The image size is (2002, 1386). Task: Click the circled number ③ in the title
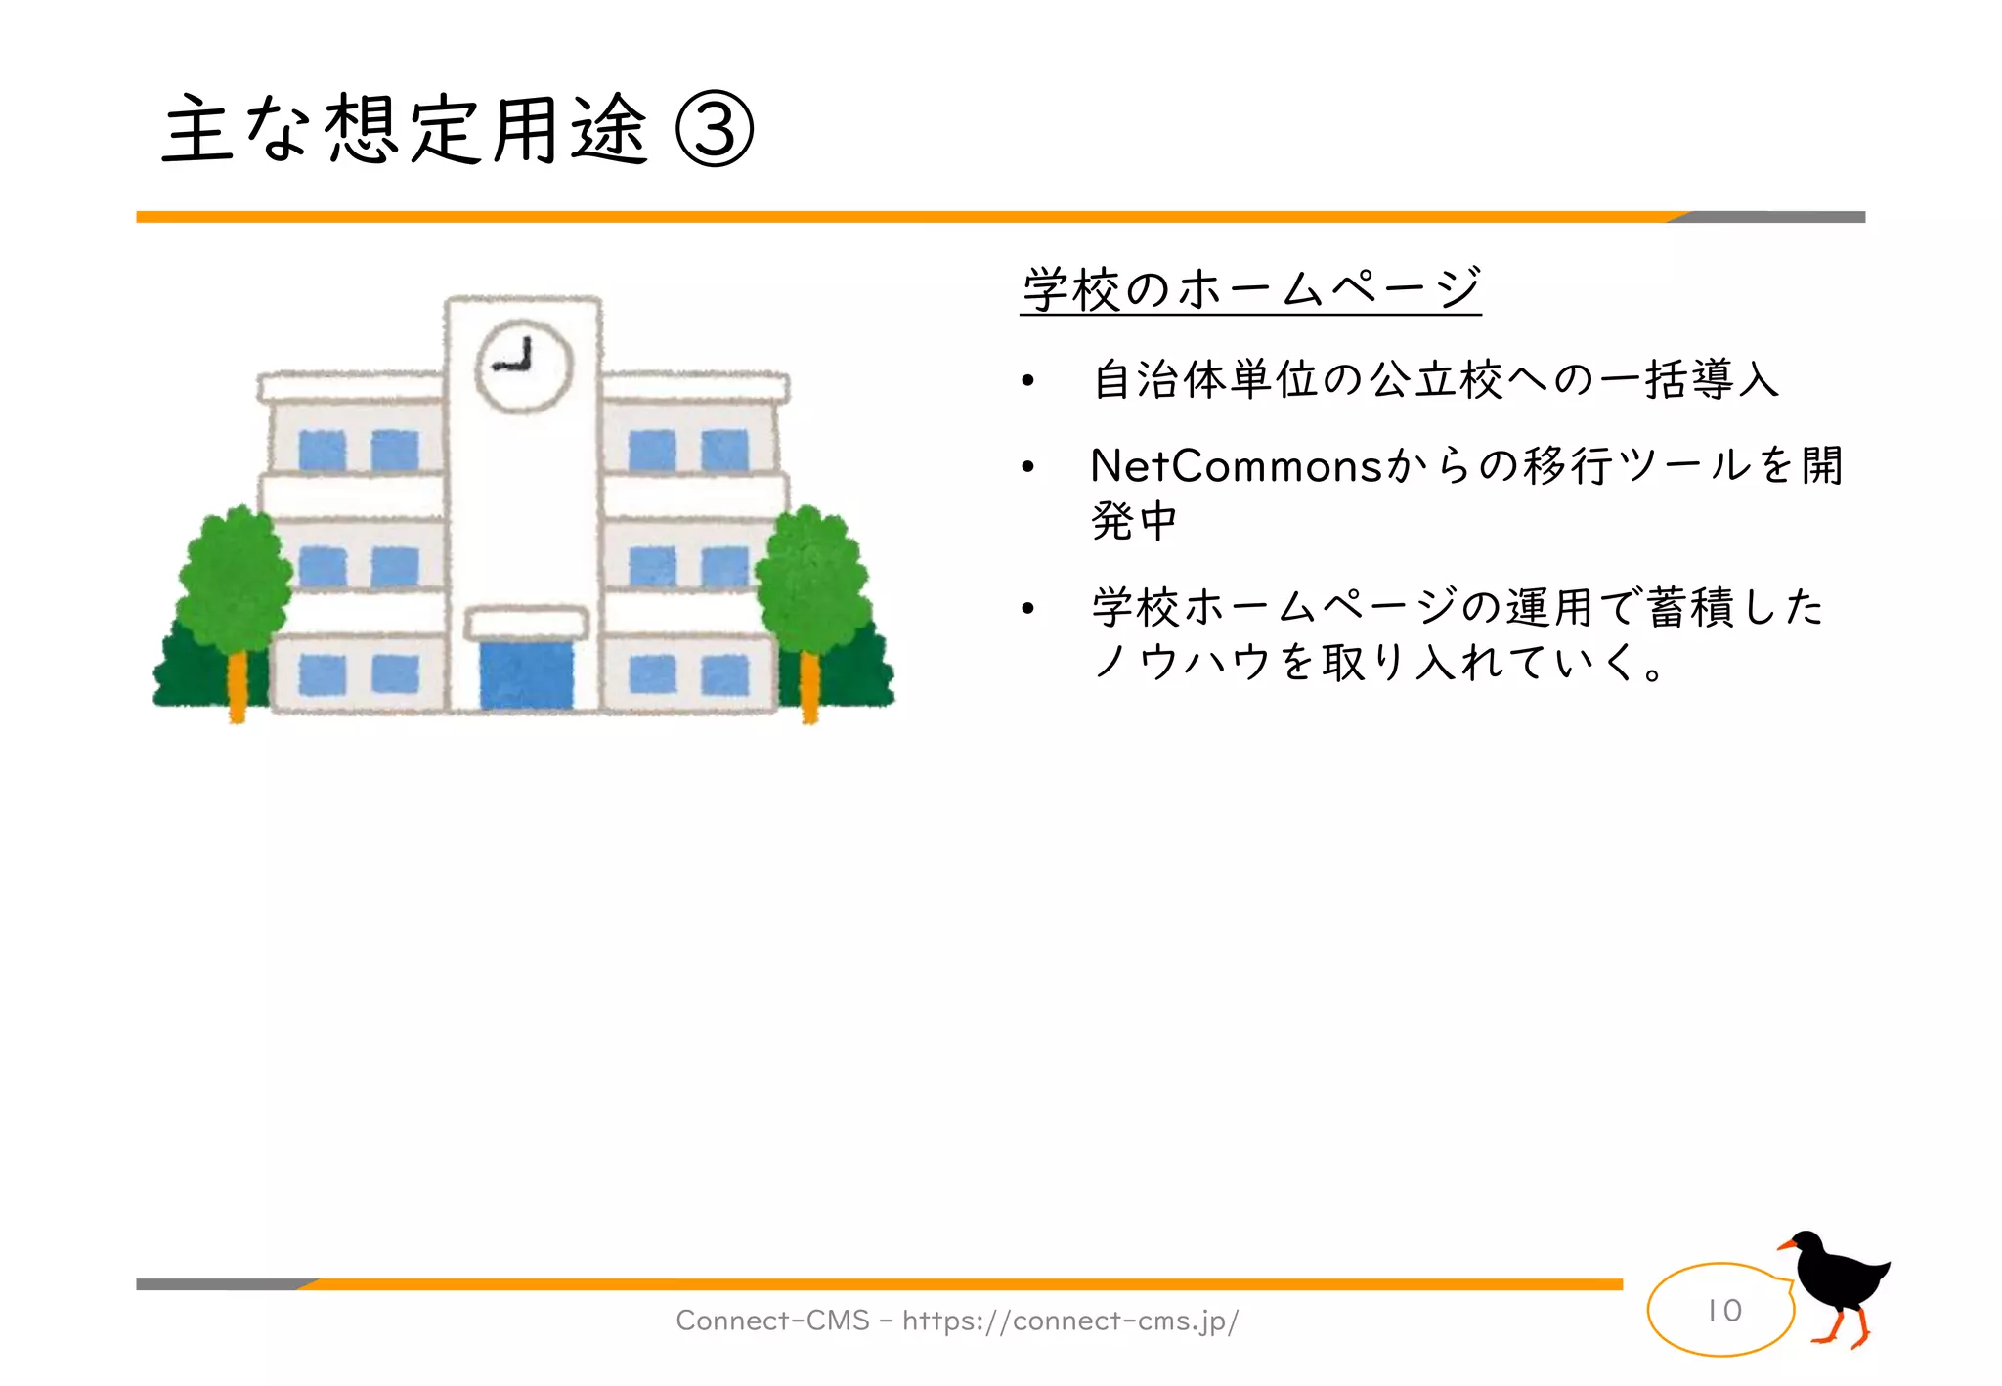715,130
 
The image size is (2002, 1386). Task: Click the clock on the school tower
523,366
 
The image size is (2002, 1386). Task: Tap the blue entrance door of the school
526,673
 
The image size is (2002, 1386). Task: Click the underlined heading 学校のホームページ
1250,289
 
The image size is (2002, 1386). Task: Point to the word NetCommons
1236,466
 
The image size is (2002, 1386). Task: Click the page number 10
1723,1310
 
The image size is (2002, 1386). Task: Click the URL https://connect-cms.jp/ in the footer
1069,1321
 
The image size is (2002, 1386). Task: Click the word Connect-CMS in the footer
772,1321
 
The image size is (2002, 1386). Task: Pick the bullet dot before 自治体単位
1027,381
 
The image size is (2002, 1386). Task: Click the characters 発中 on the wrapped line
1134,521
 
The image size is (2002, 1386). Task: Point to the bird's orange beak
1786,1245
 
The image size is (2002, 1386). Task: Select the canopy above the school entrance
526,623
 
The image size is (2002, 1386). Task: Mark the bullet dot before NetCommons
1027,468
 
